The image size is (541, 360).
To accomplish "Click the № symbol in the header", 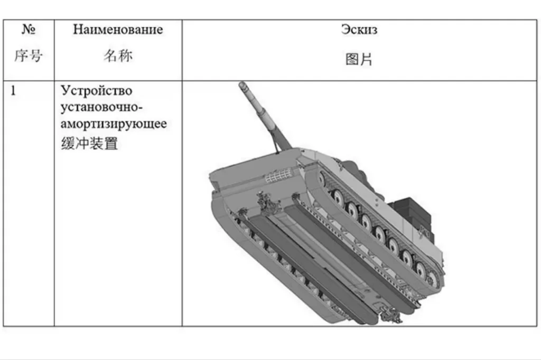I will click(29, 30).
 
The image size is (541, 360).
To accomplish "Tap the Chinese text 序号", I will click(29, 55).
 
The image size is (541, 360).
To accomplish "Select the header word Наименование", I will click(118, 30).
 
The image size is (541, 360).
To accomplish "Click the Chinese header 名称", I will click(118, 56).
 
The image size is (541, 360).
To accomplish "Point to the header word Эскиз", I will click(359, 30).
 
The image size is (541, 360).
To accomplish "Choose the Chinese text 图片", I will click(359, 59).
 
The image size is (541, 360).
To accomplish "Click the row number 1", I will click(14, 91).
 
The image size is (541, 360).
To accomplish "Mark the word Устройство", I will click(97, 91).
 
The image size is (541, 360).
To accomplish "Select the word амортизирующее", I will click(114, 125).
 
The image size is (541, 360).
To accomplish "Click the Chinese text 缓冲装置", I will click(89, 143).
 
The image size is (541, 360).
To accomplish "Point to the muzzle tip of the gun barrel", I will click(242, 84).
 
